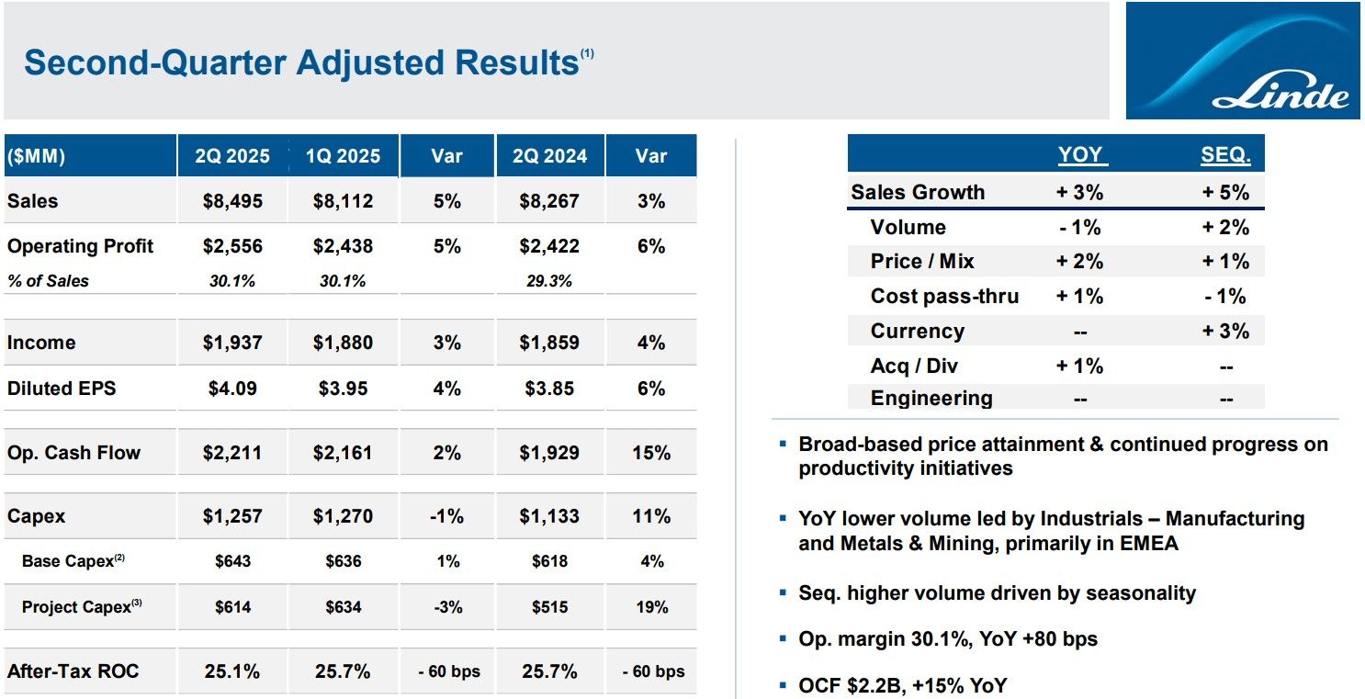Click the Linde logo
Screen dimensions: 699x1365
[1243, 61]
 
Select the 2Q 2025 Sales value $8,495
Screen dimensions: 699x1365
[232, 201]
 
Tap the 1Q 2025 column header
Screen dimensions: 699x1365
[343, 156]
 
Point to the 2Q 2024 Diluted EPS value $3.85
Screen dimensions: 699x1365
[549, 389]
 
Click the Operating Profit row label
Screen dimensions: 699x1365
[80, 246]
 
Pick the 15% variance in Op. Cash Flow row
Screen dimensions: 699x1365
[650, 453]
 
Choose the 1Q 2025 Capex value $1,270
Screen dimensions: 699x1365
[343, 516]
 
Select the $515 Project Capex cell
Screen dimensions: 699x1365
[549, 607]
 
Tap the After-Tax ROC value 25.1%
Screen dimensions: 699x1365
[232, 671]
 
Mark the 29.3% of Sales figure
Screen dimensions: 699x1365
[549, 281]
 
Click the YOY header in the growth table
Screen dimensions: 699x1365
[1079, 155]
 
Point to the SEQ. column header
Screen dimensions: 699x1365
[1225, 155]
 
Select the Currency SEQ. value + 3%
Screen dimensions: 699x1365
[1225, 332]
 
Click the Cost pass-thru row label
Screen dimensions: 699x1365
[944, 297]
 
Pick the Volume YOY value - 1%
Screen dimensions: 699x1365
[1079, 227]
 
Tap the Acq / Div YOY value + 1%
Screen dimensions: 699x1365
[1079, 366]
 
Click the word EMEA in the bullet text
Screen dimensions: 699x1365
[1149, 543]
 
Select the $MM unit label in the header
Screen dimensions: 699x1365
[36, 156]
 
